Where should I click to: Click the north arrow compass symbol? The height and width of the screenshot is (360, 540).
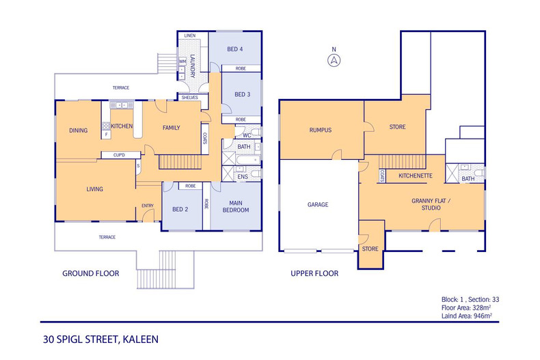point(334,61)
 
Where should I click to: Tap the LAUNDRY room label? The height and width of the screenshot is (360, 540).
point(193,66)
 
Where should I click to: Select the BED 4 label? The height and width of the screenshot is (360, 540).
point(235,49)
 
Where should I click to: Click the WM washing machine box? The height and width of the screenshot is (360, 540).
point(183,61)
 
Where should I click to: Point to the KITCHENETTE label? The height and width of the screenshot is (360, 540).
point(416,176)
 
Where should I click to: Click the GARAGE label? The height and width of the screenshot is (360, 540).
point(318,205)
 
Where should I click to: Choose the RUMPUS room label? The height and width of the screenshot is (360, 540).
point(321,130)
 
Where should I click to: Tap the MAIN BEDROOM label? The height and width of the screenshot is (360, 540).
point(236,206)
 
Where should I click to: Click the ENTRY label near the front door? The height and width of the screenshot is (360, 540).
point(148,206)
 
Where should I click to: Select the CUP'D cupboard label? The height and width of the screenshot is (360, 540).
point(119,155)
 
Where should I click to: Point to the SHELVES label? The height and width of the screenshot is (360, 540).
point(190,98)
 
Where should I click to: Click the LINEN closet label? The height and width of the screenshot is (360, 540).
point(190,36)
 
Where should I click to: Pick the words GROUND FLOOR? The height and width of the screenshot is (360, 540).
point(91,274)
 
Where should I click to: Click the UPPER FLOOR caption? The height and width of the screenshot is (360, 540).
point(314,274)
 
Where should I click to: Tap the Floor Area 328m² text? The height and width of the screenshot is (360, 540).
point(466,307)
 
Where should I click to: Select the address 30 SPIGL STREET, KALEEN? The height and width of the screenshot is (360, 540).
point(100,340)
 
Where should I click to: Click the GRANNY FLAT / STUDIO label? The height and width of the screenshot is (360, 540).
point(431,204)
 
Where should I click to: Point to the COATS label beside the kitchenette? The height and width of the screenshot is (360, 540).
point(382,176)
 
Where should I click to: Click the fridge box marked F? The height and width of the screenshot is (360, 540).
point(106,134)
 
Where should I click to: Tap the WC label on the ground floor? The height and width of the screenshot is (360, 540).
point(247,135)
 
